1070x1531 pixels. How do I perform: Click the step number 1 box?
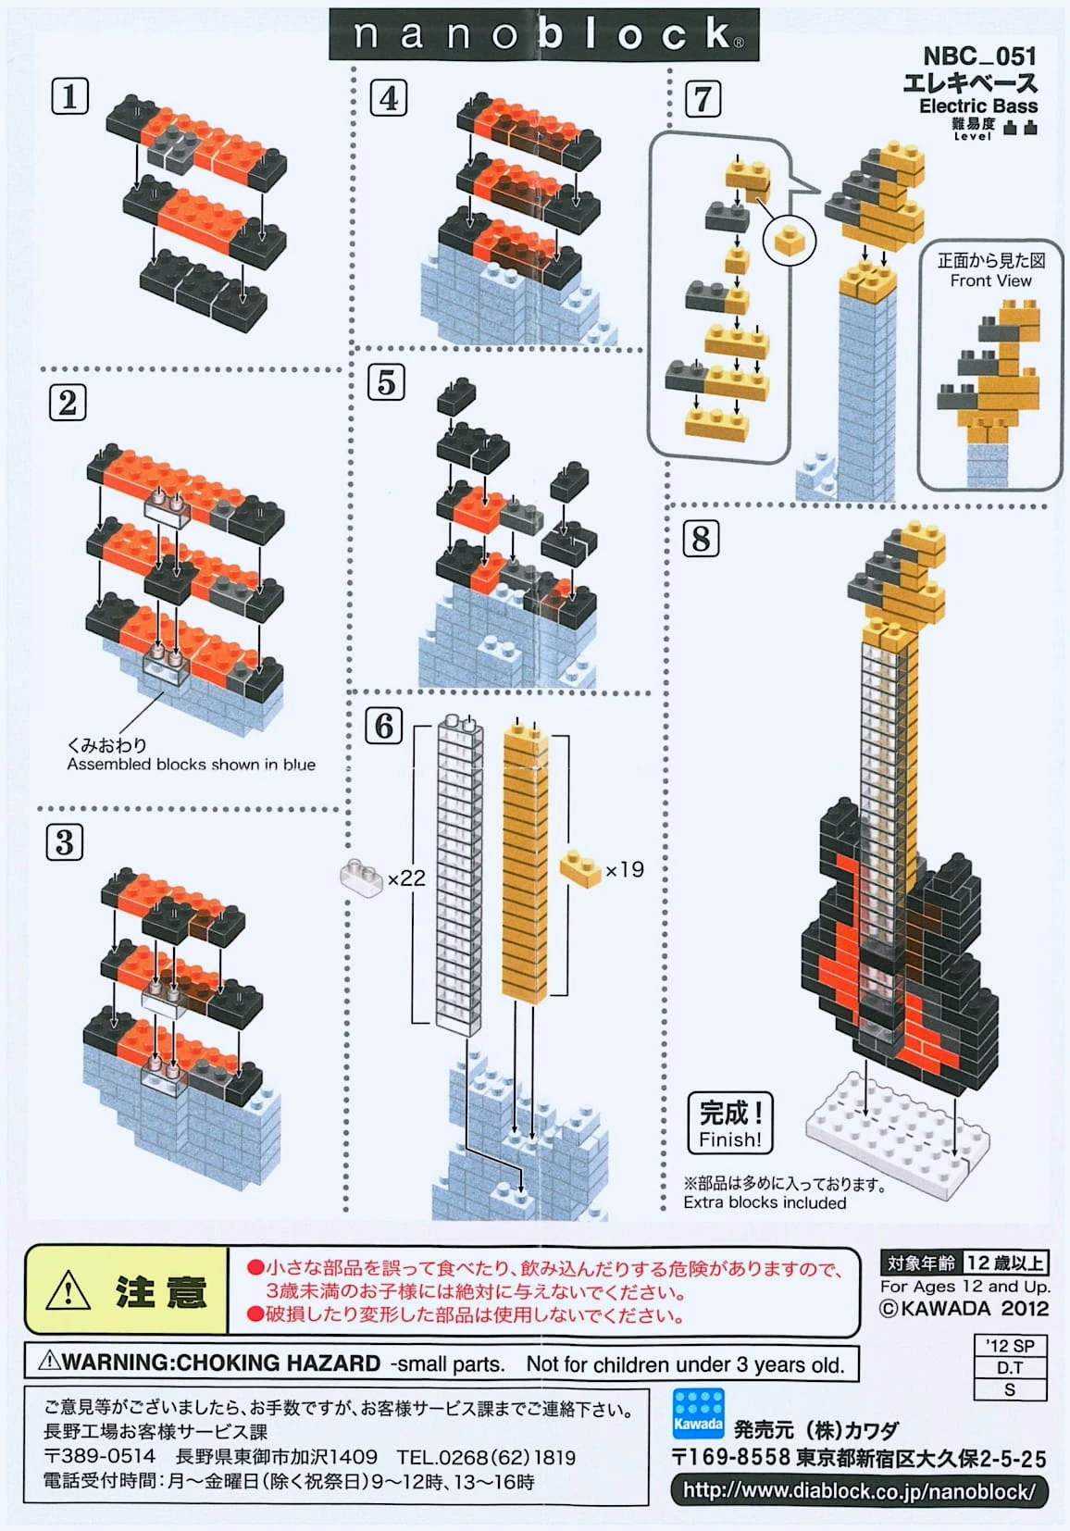[69, 96]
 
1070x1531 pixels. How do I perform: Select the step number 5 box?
[387, 381]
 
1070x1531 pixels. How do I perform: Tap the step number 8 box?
[701, 538]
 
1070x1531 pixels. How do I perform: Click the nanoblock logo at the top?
[544, 35]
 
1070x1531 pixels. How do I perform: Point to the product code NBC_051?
[979, 56]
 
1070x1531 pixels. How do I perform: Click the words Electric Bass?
[977, 106]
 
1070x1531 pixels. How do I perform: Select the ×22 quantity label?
[406, 878]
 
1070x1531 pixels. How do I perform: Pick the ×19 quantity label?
[624, 870]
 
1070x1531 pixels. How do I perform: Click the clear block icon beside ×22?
[362, 877]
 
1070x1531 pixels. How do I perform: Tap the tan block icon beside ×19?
[580, 868]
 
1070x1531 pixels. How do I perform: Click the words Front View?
[989, 280]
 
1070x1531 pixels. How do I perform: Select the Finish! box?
[730, 1123]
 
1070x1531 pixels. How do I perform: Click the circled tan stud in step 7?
[790, 242]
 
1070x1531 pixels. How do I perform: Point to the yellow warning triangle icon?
[68, 1290]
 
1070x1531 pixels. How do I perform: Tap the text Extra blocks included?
[765, 1202]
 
